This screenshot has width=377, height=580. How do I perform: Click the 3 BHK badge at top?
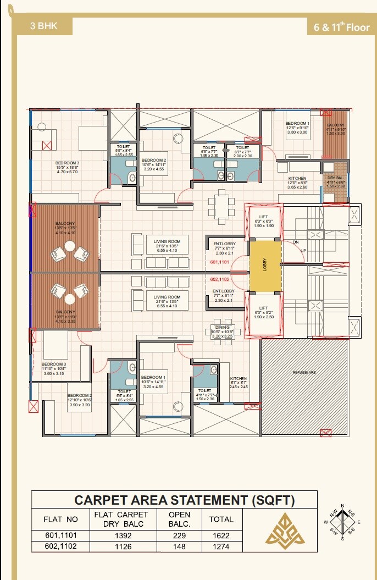point(44,25)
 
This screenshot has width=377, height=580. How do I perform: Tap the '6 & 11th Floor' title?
point(341,26)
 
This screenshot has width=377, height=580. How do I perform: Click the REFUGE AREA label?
point(304,373)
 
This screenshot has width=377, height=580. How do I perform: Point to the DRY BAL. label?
point(335,178)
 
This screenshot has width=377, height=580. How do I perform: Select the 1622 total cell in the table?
point(221,535)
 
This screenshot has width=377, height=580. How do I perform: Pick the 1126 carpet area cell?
point(121,546)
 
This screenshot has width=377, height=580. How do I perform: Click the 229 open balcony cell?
point(180,535)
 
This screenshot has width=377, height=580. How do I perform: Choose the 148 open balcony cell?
point(180,546)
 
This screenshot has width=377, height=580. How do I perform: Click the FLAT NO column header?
point(61,519)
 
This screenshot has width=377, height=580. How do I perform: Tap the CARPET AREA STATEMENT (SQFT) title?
point(185,500)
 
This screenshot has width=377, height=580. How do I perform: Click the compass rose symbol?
point(343,521)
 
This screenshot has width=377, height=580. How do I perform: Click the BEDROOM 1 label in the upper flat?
point(298,124)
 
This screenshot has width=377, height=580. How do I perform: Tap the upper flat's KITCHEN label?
point(297,179)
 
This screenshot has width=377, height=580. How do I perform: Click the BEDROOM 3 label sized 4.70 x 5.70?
point(67,163)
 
